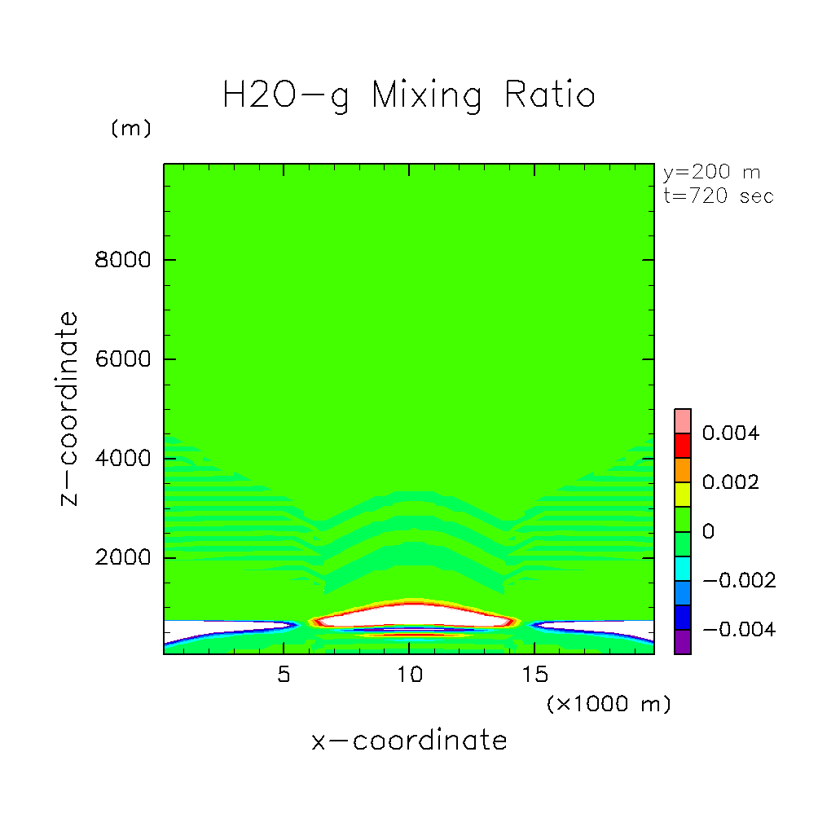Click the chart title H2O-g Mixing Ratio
point(409,96)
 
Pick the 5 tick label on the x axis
point(284,676)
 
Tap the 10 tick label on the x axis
point(409,676)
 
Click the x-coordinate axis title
point(409,741)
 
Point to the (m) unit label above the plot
point(130,130)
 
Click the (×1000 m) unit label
point(608,704)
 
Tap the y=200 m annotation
point(712,173)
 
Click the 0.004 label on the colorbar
point(730,433)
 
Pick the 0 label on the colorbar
point(708,532)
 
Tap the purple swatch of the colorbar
point(683,642)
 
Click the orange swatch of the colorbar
point(683,470)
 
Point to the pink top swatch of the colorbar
point(683,420)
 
